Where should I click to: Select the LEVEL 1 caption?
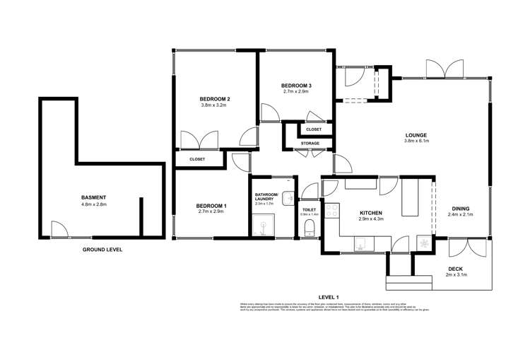[x=329, y=297]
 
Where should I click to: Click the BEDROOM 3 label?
[x=297, y=85]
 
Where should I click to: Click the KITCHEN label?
[x=371, y=212]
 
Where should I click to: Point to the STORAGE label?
[x=310, y=144]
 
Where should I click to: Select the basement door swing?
[x=59, y=228]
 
